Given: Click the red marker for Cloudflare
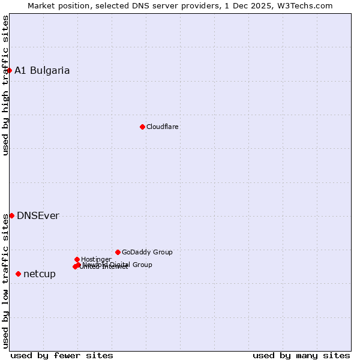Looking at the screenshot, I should pyautogui.click(x=142, y=127).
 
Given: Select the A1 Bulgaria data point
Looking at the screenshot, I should pyautogui.click(x=9, y=70).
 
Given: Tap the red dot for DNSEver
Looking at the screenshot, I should pyautogui.click(x=11, y=215).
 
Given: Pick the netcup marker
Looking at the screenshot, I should pyautogui.click(x=18, y=274).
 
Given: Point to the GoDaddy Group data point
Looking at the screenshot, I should pyautogui.click(x=118, y=252).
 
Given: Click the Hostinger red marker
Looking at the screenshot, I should pyautogui.click(x=77, y=259).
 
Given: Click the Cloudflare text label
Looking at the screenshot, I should pyautogui.click(x=162, y=127).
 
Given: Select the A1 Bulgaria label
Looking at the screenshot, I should pyautogui.click(x=42, y=70).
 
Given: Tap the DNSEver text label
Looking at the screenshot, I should pyautogui.click(x=38, y=216).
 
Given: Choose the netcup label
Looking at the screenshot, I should pyautogui.click(x=40, y=274).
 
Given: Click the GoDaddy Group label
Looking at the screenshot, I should pyautogui.click(x=147, y=252).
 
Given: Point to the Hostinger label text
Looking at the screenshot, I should pyautogui.click(x=96, y=259).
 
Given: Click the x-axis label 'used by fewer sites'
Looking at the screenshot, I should pyautogui.click(x=62, y=355).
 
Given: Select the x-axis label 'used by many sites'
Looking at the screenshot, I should pyautogui.click(x=301, y=355).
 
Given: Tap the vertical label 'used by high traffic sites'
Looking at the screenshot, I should pyautogui.click(x=5, y=85).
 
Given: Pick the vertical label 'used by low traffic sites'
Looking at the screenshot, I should pyautogui.click(x=5, y=280).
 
